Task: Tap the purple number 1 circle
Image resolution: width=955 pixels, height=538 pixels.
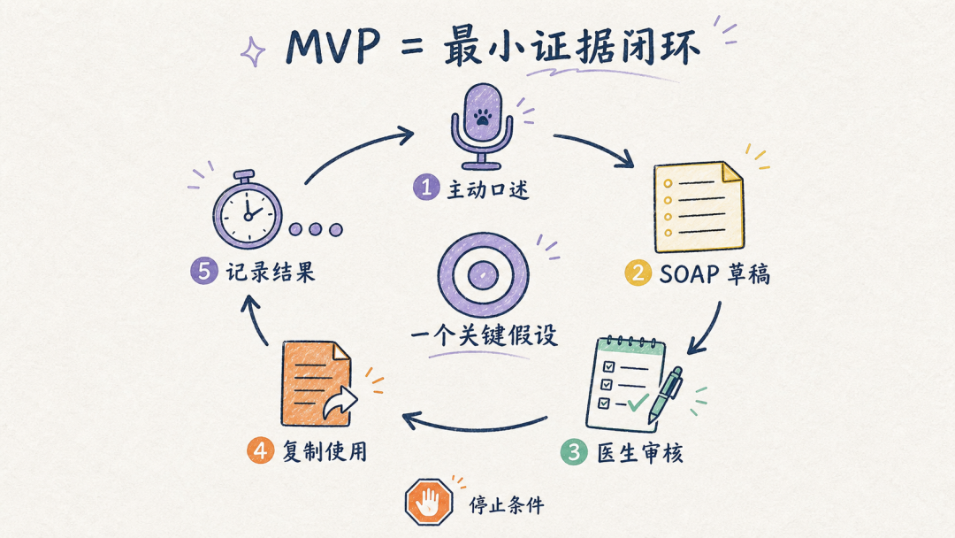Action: tap(426, 187)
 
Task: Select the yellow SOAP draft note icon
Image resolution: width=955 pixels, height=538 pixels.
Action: tap(699, 206)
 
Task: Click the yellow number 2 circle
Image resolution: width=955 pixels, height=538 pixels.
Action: tap(638, 273)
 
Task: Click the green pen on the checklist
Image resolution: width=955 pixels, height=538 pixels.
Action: tap(665, 396)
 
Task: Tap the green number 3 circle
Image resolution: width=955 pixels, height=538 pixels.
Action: tap(574, 451)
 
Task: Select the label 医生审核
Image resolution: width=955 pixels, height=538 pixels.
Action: tap(639, 453)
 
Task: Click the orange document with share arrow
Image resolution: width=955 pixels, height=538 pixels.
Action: tap(318, 384)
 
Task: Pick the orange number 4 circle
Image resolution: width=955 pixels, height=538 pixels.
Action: tap(261, 451)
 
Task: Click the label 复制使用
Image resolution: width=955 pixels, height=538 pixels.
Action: tap(325, 451)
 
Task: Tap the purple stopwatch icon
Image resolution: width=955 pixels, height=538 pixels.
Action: tap(248, 210)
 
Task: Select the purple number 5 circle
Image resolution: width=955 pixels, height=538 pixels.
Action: tap(204, 271)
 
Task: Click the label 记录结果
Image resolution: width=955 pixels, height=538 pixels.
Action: tap(271, 272)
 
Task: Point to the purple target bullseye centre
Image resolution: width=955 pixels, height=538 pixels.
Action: tap(483, 275)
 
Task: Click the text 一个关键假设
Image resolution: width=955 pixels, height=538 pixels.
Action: tap(485, 335)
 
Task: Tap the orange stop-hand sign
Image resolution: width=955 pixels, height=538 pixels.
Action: tap(429, 502)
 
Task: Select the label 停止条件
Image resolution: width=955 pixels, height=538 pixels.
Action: tap(506, 504)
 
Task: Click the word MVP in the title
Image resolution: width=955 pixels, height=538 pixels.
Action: tap(333, 46)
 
